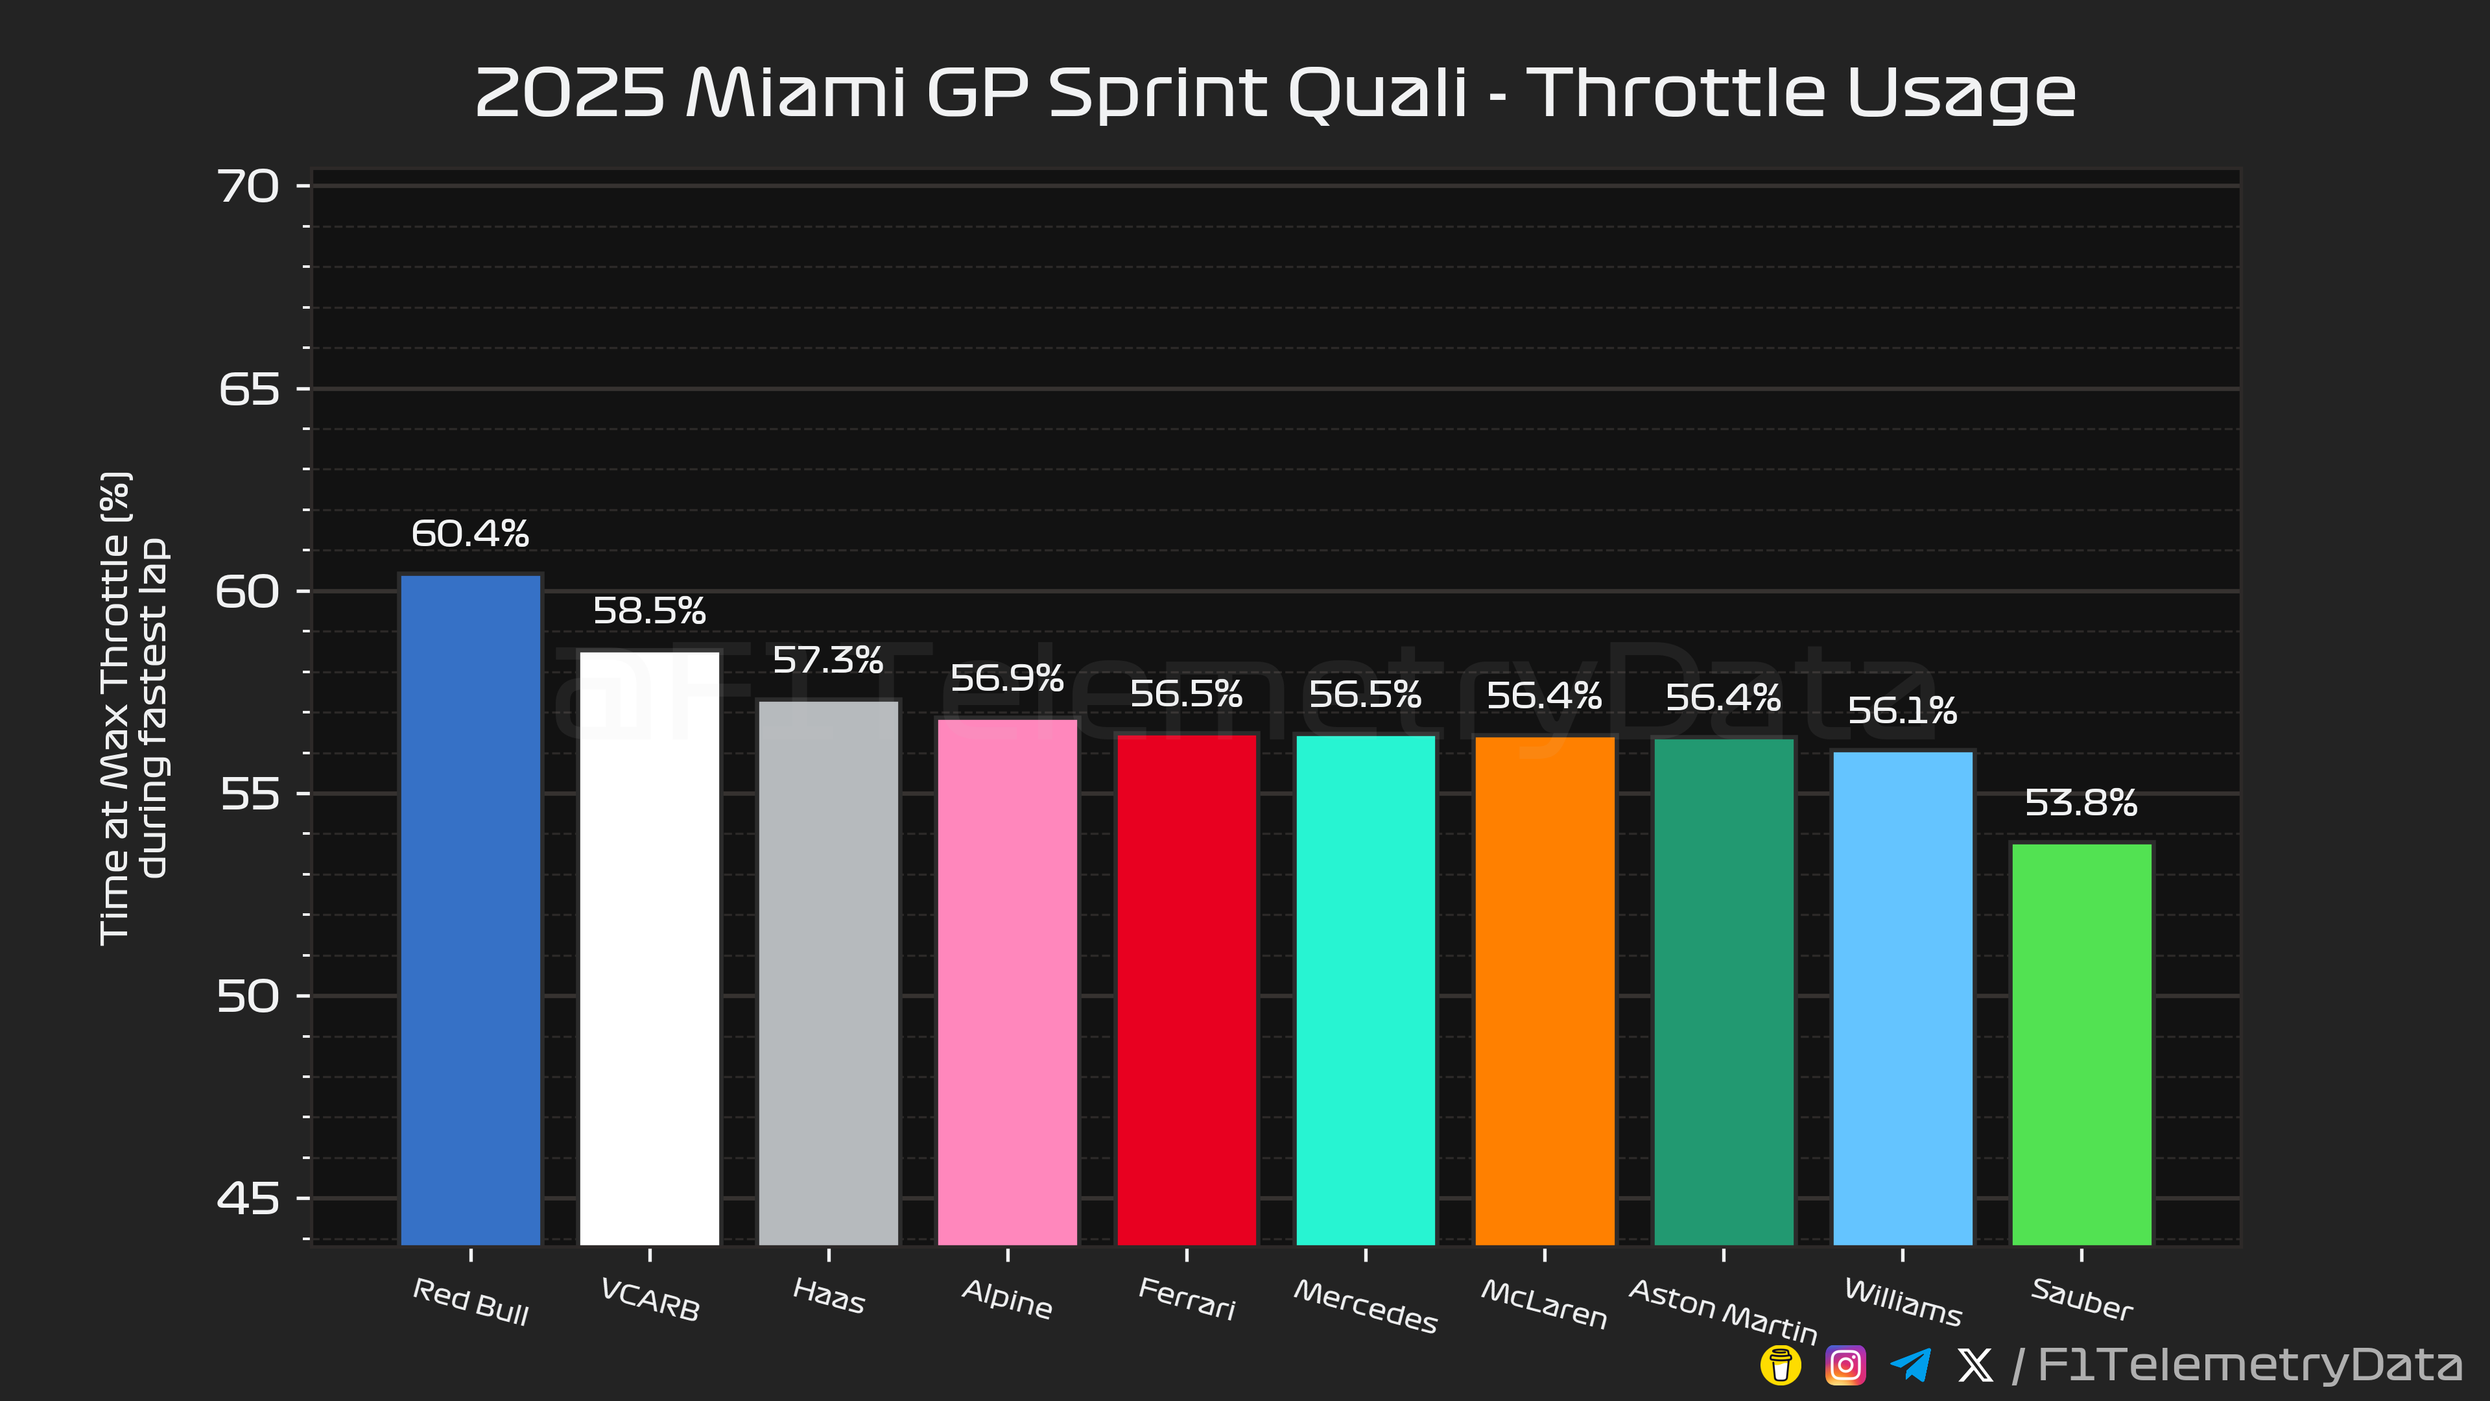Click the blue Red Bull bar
point(471,909)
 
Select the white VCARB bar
point(650,948)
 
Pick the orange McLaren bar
point(1545,991)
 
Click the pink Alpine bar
point(1007,981)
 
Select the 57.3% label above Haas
point(829,660)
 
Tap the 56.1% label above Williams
point(1903,711)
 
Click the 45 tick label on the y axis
point(248,1199)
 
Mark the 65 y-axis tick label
point(248,390)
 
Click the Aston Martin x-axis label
point(1724,1310)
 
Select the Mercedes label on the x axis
point(1366,1305)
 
